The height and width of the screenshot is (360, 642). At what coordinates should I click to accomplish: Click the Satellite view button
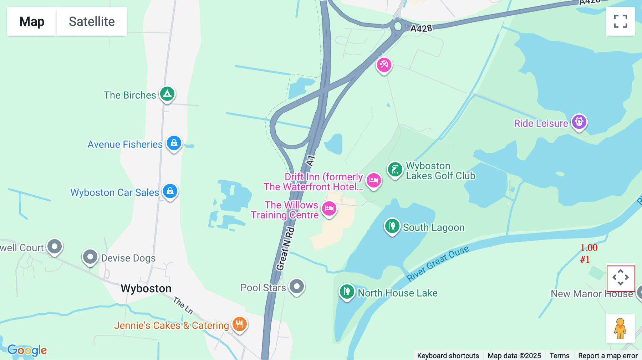[x=92, y=21]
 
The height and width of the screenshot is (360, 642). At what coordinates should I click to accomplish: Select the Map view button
[x=32, y=21]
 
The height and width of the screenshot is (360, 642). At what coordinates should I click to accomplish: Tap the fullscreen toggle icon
[x=620, y=21]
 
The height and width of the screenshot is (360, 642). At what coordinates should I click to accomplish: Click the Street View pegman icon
[x=620, y=328]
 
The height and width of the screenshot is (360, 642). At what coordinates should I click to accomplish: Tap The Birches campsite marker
[x=167, y=94]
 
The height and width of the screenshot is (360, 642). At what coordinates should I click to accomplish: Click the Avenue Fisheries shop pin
[x=174, y=143]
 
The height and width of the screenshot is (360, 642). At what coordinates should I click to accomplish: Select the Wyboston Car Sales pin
[x=170, y=191]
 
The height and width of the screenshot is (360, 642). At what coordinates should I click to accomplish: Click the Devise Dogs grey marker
[x=90, y=257]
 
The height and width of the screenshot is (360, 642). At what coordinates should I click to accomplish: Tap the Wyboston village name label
[x=146, y=288]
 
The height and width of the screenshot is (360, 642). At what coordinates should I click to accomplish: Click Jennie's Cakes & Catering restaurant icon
[x=239, y=324]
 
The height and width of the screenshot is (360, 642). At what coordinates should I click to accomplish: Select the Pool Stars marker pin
[x=297, y=286]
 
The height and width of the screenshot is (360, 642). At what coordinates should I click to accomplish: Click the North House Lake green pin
[x=347, y=292]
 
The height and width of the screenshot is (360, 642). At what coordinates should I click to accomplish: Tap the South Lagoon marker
[x=392, y=226]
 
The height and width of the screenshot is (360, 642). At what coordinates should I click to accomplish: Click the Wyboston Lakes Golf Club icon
[x=395, y=170]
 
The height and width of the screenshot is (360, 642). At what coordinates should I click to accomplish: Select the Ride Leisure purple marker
[x=579, y=122]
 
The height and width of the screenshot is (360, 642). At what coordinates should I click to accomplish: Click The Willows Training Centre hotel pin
[x=329, y=209]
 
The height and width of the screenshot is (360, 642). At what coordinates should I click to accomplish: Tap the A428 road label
[x=421, y=29]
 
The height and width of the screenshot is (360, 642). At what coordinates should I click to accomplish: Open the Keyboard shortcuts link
[x=448, y=355]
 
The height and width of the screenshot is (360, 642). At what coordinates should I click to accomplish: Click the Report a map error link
[x=608, y=355]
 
